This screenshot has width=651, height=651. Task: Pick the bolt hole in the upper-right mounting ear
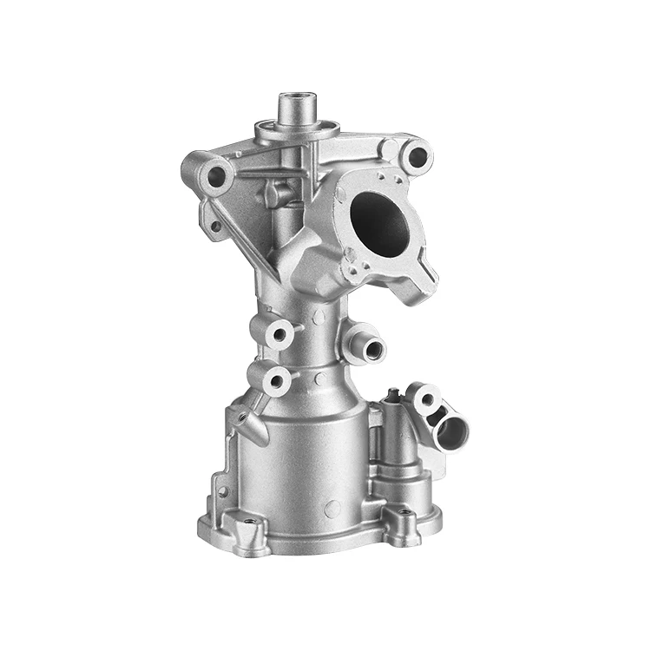click(x=418, y=157)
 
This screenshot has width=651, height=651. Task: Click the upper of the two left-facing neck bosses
click(x=280, y=334)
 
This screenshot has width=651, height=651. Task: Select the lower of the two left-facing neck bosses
click(x=279, y=378)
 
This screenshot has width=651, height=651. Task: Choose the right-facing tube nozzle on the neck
click(x=373, y=348)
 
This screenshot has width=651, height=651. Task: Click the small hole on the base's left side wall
click(x=220, y=492)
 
